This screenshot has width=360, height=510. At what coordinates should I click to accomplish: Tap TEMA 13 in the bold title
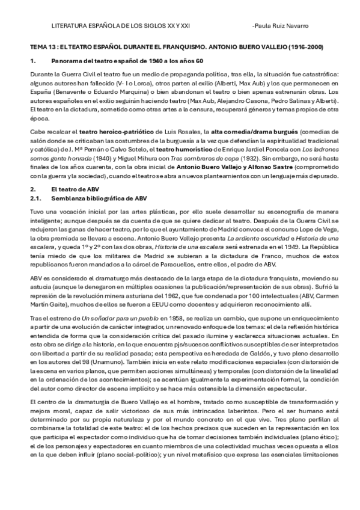click(42, 46)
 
